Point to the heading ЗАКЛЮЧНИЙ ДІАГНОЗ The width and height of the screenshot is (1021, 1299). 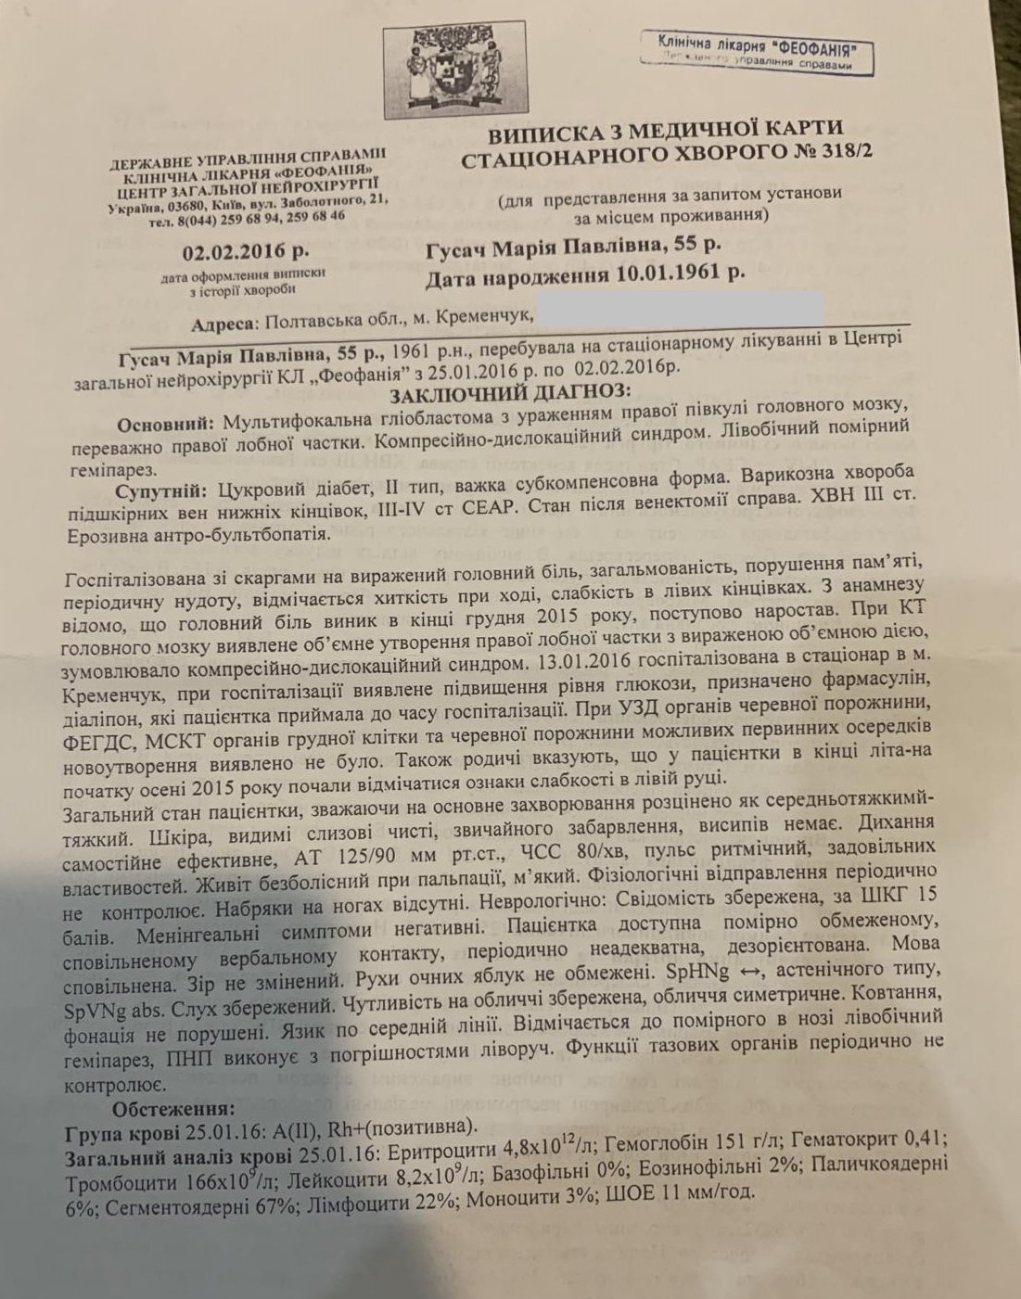point(506,392)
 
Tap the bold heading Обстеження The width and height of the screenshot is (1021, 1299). point(172,1108)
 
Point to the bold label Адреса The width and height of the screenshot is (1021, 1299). point(223,325)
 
